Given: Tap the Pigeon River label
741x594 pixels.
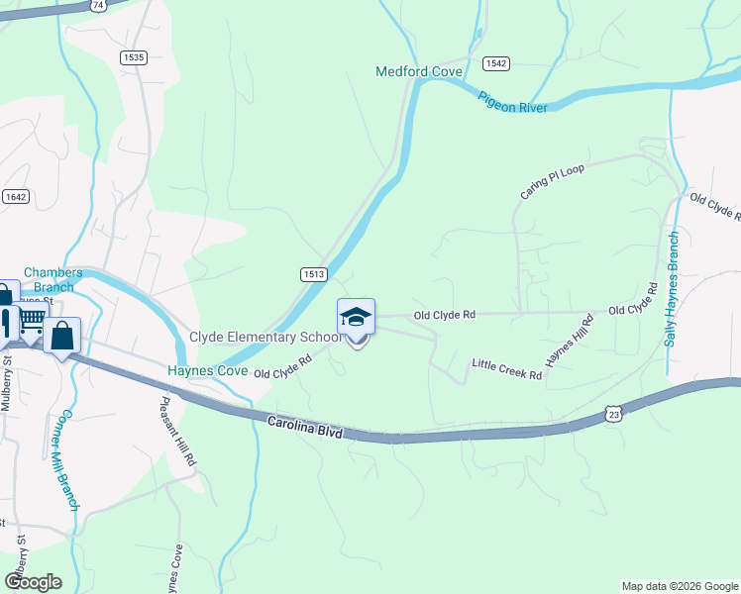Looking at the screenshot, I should tap(512, 102).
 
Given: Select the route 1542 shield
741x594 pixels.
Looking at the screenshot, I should tap(496, 63).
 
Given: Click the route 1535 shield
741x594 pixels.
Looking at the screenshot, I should tap(134, 57).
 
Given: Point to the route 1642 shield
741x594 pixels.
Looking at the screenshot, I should tap(15, 196).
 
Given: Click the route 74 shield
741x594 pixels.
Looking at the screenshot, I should tap(97, 5).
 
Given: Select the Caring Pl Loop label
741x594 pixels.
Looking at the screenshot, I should tap(552, 181).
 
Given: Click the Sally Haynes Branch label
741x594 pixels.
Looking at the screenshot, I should tap(672, 288).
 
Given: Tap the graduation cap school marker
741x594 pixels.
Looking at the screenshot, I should tap(357, 317).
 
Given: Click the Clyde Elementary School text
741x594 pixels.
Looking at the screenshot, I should tap(265, 338).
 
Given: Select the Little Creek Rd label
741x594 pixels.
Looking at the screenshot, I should tap(506, 369).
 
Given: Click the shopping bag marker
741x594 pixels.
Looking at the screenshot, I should tap(61, 336).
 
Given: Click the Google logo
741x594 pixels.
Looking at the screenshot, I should tap(33, 581).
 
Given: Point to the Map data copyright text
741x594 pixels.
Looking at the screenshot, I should tap(679, 586).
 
